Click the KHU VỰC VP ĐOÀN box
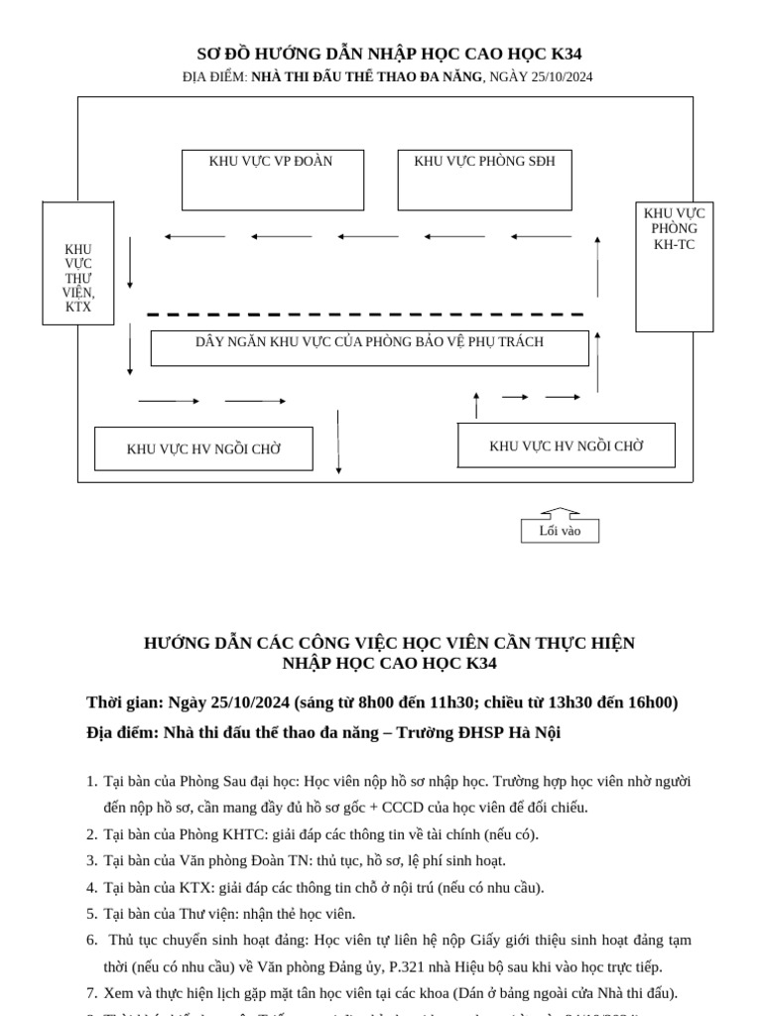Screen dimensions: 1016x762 tap(272, 180)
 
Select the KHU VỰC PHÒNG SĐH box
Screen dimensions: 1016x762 tap(484, 180)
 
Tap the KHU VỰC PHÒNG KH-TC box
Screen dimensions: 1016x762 tap(674, 266)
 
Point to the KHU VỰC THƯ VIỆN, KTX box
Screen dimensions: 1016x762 tap(78, 264)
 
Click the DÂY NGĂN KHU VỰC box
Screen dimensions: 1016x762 tap(369, 347)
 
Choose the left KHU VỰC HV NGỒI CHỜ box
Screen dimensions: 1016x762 tap(203, 448)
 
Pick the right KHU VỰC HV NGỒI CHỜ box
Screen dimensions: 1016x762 tap(566, 445)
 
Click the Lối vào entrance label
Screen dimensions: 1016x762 tap(560, 531)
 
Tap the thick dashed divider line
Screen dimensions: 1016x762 tap(365, 315)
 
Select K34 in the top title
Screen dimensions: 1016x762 tap(562, 54)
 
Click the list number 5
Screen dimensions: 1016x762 tap(91, 914)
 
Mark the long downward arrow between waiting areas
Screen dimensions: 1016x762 tap(338, 442)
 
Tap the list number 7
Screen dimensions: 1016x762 tap(91, 993)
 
